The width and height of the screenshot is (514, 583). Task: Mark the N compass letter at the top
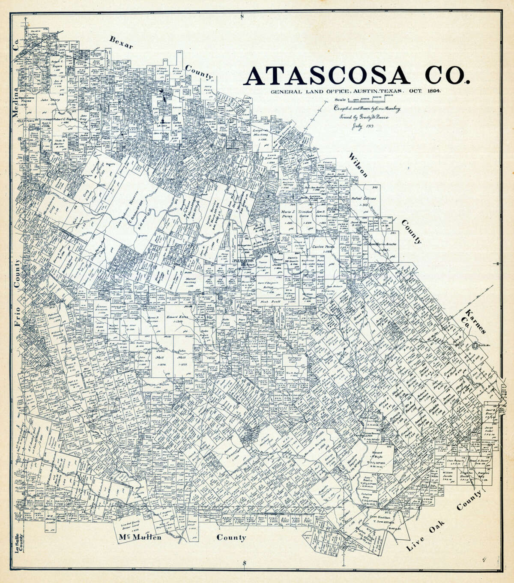click(x=242, y=17)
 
